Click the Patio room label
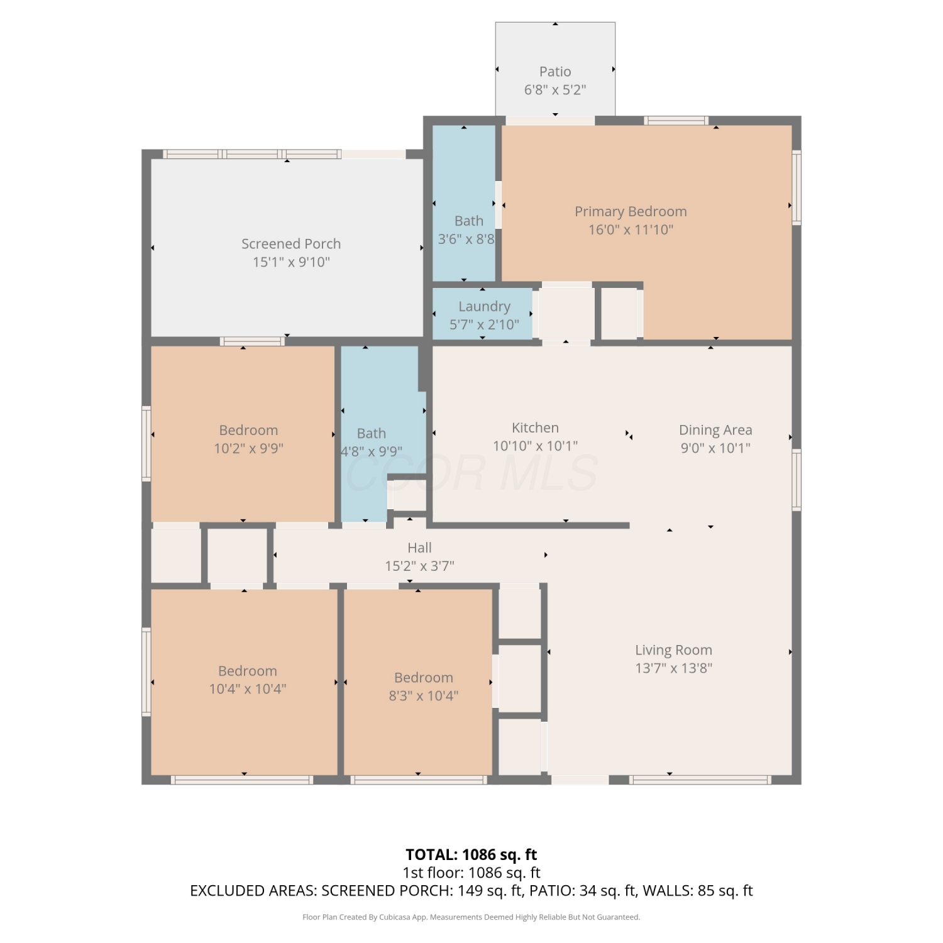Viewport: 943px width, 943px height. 555,72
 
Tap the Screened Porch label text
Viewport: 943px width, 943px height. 291,244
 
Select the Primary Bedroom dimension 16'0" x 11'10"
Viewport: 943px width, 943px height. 631,229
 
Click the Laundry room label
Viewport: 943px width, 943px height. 484,307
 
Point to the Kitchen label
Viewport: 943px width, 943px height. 535,427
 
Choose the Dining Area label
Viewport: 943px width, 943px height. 715,430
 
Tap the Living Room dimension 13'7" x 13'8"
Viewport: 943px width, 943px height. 673,668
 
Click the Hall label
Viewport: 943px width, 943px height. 419,548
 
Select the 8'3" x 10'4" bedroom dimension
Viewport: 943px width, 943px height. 423,695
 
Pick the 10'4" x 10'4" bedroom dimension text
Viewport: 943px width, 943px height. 248,689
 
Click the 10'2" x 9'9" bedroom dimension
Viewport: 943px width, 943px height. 248,448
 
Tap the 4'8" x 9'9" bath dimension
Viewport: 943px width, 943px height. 372,451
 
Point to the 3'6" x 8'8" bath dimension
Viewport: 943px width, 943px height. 466,239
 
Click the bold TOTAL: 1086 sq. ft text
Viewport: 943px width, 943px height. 472,854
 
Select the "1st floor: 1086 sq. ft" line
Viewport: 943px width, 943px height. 472,873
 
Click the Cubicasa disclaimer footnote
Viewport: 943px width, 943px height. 472,917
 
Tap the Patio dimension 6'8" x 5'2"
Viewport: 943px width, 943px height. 555,90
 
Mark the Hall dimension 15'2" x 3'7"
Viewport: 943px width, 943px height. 419,566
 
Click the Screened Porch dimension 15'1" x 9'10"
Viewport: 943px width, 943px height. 291,262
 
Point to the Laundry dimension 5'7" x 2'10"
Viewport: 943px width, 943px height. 484,324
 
